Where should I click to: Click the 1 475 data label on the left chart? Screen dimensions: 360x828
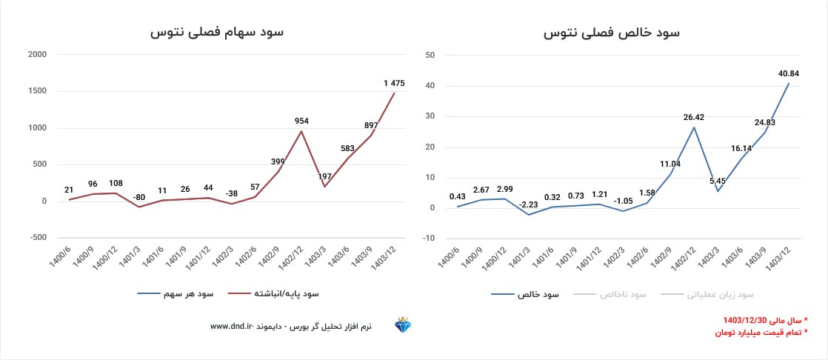pos(394,84)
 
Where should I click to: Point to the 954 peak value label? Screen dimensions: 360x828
pos(301,121)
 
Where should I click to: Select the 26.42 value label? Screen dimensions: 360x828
pos(694,116)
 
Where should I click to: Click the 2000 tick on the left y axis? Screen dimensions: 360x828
pos(36,55)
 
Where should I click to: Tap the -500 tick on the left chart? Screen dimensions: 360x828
pos(36,238)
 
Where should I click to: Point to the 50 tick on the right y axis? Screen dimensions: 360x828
pos(430,55)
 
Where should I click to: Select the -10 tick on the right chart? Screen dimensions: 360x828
pos(429,238)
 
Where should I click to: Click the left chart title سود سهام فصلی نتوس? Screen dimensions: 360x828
pos(217,33)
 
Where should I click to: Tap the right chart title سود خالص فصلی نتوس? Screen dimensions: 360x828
pos(611,33)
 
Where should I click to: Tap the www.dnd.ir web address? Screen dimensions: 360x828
pos(233,326)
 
